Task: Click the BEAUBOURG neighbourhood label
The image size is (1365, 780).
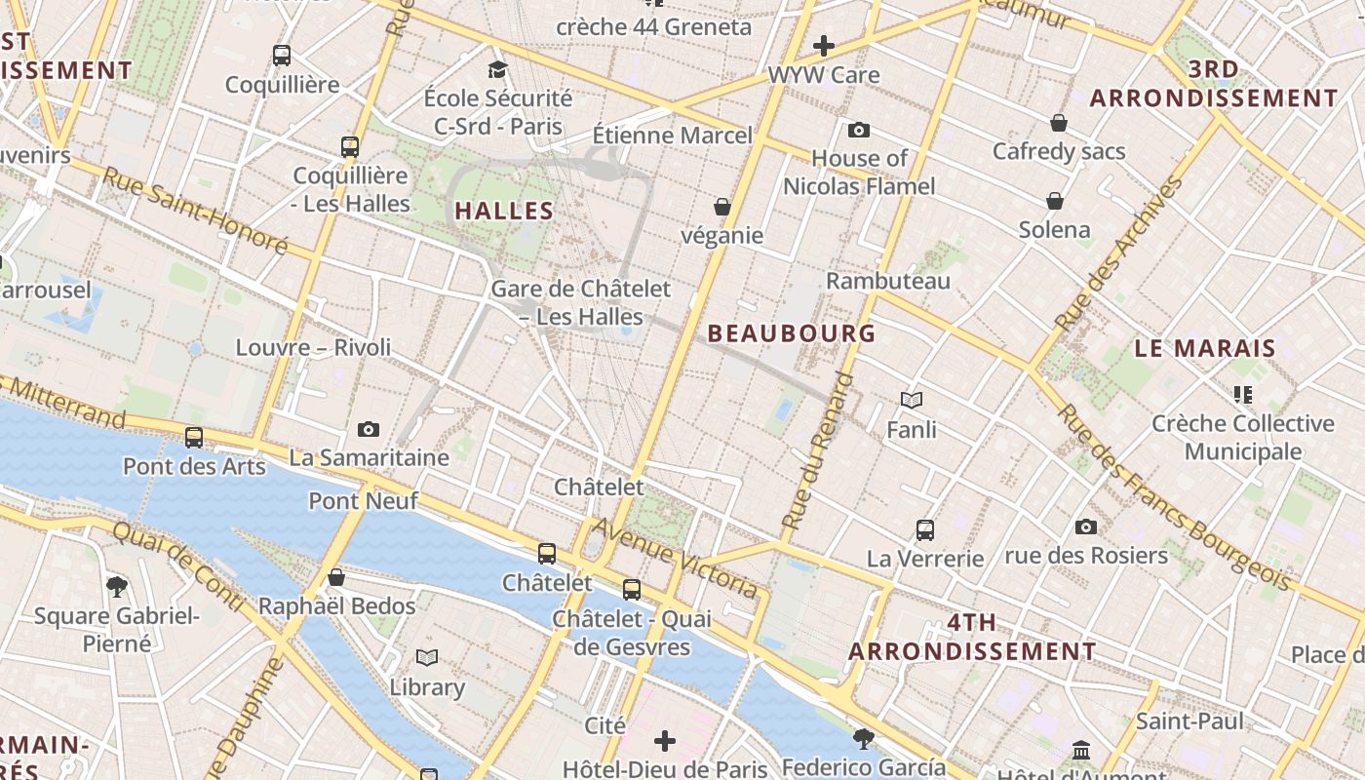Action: click(x=791, y=333)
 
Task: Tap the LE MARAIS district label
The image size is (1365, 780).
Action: click(x=1205, y=348)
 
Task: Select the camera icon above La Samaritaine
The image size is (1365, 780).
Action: click(x=369, y=429)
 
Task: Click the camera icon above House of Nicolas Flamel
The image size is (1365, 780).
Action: click(x=859, y=130)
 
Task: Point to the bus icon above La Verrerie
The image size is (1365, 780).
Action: click(x=925, y=530)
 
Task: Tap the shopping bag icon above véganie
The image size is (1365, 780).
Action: click(x=722, y=207)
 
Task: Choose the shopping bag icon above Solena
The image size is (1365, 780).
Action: click(x=1055, y=201)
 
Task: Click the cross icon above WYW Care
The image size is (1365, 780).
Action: click(x=824, y=45)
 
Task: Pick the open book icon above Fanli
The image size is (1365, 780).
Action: click(x=912, y=400)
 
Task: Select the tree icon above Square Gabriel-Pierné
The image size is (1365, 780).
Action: click(x=117, y=586)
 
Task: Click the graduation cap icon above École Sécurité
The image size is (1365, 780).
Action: click(x=498, y=69)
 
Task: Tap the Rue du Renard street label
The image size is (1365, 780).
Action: click(x=818, y=450)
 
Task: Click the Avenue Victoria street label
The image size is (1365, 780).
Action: click(x=675, y=558)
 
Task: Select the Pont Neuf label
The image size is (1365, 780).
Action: click(x=364, y=501)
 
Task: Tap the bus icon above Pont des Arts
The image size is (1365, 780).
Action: click(x=194, y=437)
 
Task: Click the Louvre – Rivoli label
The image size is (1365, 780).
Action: click(x=313, y=347)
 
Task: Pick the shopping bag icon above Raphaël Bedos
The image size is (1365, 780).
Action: click(x=336, y=577)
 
